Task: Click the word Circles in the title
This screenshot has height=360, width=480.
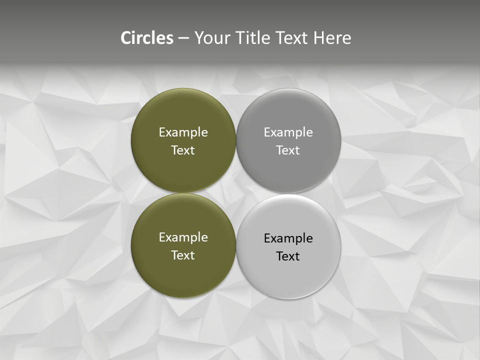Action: [x=147, y=38]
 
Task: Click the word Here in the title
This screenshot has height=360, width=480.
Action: [x=332, y=38]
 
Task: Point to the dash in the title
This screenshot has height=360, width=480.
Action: [x=183, y=38]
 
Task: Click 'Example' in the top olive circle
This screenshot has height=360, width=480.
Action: [x=183, y=132]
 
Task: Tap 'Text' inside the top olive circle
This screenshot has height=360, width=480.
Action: [x=183, y=150]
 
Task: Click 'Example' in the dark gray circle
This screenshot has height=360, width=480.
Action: [x=288, y=132]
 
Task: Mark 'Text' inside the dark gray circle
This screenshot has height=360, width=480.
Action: [x=288, y=150]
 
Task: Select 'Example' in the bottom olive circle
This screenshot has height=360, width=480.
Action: [x=183, y=237]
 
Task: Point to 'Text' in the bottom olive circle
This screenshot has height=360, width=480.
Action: [x=183, y=255]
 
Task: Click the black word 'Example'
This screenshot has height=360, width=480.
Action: [x=288, y=238]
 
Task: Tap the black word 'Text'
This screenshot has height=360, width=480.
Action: [x=288, y=256]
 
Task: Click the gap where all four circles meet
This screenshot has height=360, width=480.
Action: [x=236, y=193]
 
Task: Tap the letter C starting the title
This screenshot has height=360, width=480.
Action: [x=125, y=38]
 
